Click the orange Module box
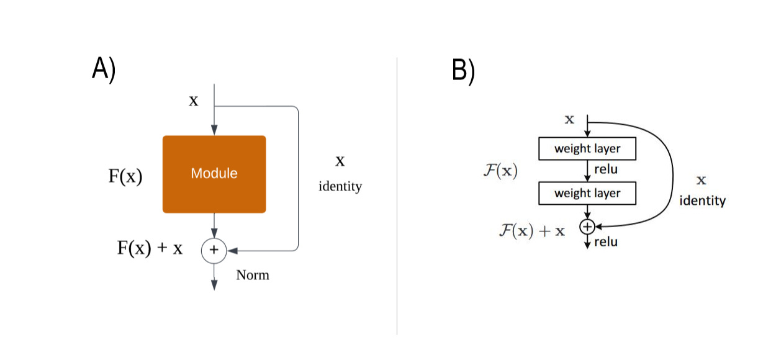coord(214,174)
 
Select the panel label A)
coord(104,69)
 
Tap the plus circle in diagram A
coord(214,250)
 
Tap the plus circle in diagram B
coord(587,227)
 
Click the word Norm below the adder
coord(253,275)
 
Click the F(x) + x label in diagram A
coord(150,248)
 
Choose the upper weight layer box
coord(587,149)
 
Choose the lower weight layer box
coord(587,193)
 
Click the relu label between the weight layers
coord(606,169)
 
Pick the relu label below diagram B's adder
coord(606,242)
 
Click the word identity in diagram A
coord(340,186)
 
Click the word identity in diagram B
coord(702,200)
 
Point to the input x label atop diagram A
coord(194,101)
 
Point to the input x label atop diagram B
coord(569,119)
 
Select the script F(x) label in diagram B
coord(500,171)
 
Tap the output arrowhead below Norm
coord(214,285)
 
